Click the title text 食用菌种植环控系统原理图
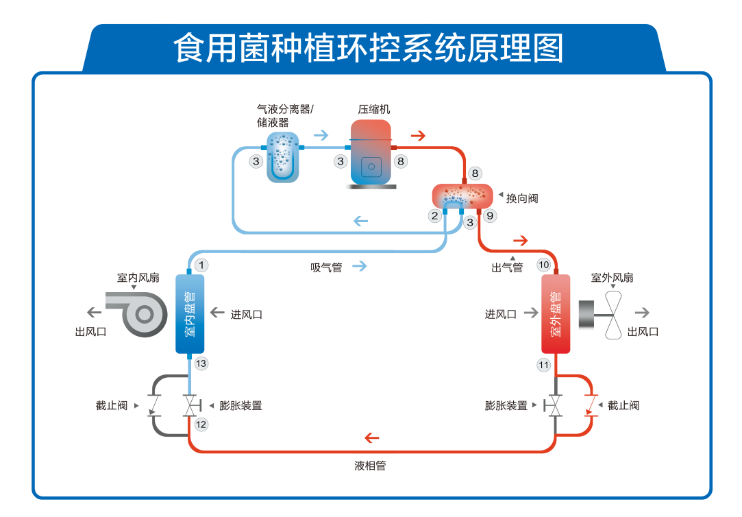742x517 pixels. (369, 49)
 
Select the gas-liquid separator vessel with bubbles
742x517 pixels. (282, 157)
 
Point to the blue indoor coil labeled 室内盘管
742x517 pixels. (190, 314)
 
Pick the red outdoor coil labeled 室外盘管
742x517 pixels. (556, 314)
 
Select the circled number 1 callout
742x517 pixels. (201, 265)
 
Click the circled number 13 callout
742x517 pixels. (201, 363)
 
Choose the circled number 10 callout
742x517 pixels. (544, 265)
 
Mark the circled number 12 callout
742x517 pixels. (201, 424)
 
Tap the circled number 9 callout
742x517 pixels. (489, 215)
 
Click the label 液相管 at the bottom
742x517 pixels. (370, 466)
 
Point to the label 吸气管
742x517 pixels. (326, 267)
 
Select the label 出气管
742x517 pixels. (507, 267)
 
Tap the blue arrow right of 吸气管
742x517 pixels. (360, 266)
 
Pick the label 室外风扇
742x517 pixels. (612, 278)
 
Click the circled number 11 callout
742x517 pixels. (544, 365)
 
